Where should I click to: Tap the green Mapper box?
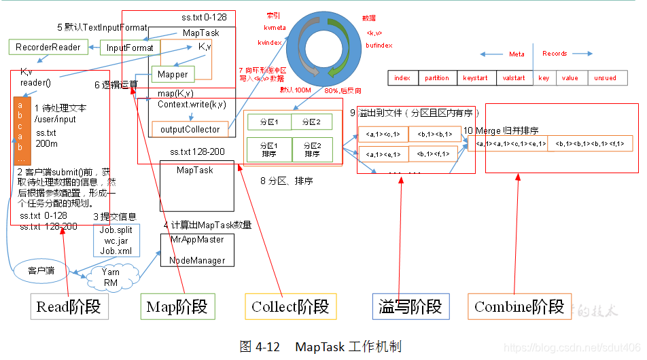[x=173, y=74]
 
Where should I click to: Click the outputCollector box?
[x=190, y=129]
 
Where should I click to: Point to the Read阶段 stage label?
[x=69, y=307]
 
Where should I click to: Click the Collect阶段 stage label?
[x=291, y=307]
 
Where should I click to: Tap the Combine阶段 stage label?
[x=520, y=307]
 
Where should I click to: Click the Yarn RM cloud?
[x=111, y=277]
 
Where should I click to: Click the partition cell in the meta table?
[x=436, y=78]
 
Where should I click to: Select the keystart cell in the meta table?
[x=476, y=78]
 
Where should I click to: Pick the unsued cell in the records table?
[x=605, y=78]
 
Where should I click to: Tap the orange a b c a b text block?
[x=22, y=128]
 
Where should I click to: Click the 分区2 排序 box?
[x=312, y=149]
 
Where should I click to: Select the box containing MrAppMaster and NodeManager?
[x=196, y=250]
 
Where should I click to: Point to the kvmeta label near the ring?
[x=275, y=28]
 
